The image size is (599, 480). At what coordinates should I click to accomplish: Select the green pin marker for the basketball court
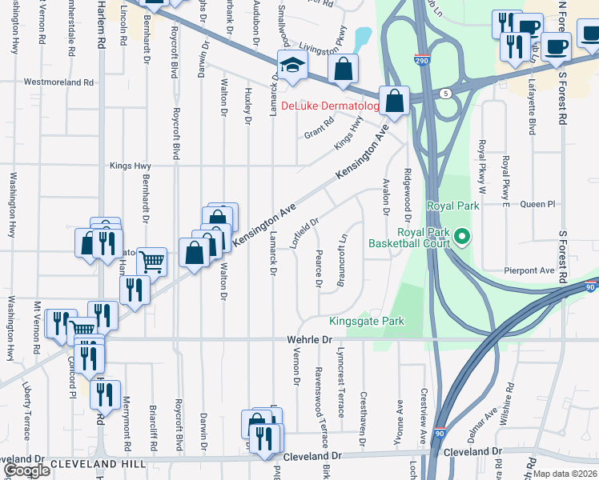(462, 236)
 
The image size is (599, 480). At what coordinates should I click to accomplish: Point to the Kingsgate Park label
(367, 321)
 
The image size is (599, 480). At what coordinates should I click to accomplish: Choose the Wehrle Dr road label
(309, 340)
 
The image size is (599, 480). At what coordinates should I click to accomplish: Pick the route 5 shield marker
(445, 94)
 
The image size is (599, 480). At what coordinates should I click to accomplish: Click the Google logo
(26, 470)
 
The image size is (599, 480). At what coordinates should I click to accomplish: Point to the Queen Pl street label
(537, 204)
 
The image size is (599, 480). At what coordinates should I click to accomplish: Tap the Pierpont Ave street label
(529, 271)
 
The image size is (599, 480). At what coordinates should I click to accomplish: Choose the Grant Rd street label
(318, 129)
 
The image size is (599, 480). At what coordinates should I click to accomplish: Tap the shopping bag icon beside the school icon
(343, 70)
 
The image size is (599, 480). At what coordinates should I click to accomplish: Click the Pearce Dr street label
(318, 272)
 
